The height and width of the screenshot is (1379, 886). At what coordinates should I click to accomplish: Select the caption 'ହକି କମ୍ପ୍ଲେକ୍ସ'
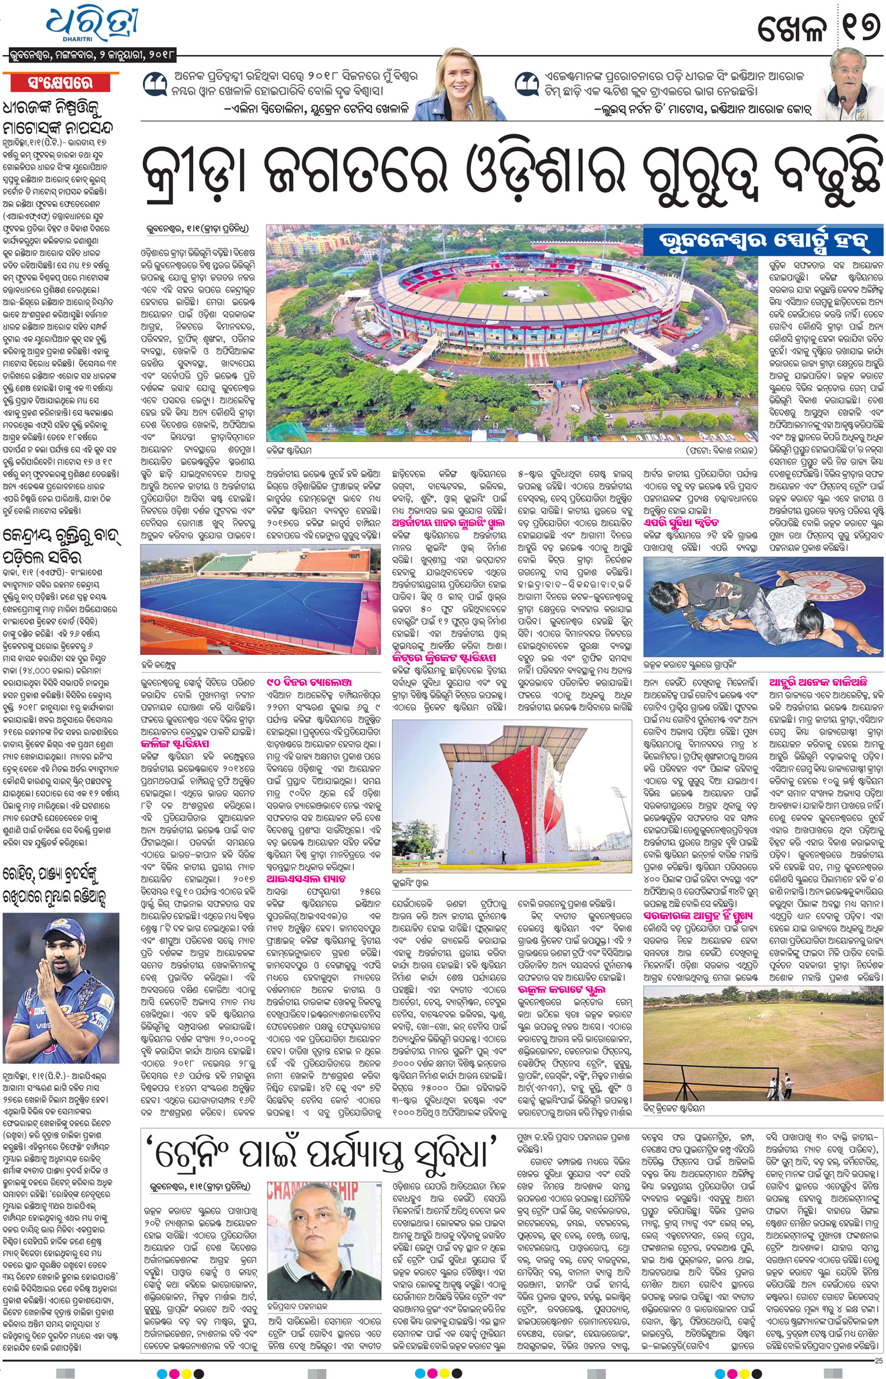(x=160, y=665)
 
